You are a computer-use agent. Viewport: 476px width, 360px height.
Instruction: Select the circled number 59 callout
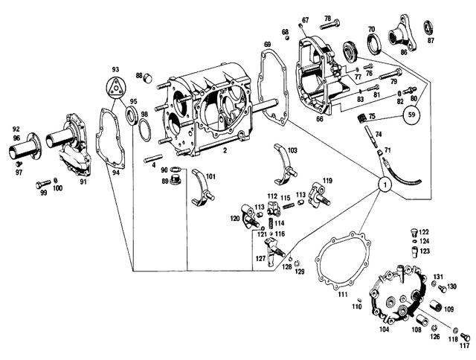[411, 115]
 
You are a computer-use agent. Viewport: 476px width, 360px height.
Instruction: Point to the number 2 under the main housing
[224, 150]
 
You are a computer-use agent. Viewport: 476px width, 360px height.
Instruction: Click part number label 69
[267, 45]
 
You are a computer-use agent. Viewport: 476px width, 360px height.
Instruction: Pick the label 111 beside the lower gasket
[343, 295]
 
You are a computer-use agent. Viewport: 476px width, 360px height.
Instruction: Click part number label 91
[84, 181]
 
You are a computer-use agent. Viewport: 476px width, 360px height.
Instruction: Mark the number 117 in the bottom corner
[464, 345]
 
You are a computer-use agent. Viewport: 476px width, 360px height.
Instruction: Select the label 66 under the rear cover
[320, 118]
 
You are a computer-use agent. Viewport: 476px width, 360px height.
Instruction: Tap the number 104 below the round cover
[384, 328]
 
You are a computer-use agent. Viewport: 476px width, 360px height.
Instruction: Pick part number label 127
[260, 258]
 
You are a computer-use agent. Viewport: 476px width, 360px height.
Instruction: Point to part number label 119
[327, 180]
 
